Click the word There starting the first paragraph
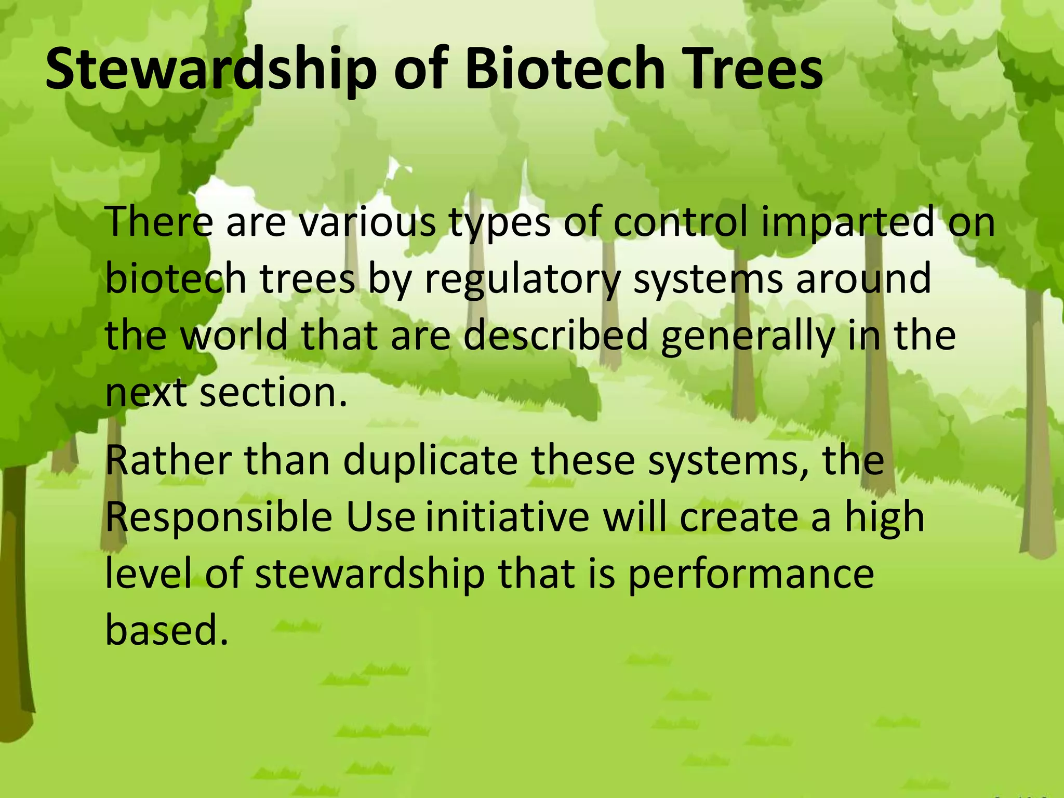click(159, 222)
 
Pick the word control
click(681, 222)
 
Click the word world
click(234, 335)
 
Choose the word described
click(555, 335)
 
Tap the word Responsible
click(218, 518)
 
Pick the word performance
click(751, 575)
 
